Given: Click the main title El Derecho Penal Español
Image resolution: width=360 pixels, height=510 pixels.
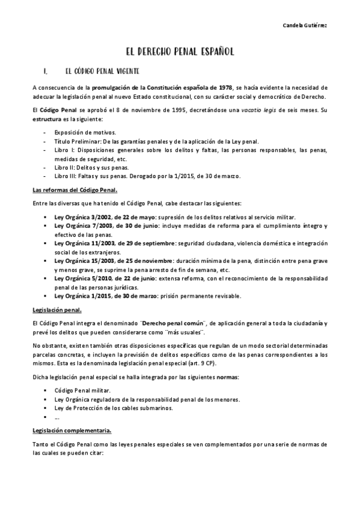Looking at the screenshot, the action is coord(180,52).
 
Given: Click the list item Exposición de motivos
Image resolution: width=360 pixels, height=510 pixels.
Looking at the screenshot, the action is coord(85,132).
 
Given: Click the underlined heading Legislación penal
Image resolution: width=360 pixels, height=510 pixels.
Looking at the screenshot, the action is coord(57,310).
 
